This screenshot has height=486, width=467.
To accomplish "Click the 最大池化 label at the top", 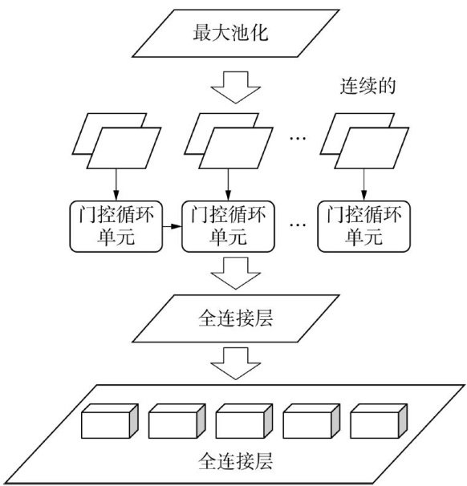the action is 230,33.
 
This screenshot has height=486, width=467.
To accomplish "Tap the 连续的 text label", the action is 368,86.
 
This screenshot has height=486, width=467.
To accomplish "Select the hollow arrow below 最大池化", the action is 235,87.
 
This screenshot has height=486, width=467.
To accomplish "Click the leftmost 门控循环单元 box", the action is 116,226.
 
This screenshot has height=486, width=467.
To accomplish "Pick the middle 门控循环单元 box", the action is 228,226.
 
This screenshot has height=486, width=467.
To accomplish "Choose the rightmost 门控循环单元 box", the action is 363,226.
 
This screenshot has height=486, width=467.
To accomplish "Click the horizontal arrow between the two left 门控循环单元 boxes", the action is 172,226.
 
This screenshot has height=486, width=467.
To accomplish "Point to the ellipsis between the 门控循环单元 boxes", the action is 298,225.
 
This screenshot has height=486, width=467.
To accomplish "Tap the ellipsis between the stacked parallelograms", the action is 298,138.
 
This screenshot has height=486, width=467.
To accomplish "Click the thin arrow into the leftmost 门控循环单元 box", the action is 116,184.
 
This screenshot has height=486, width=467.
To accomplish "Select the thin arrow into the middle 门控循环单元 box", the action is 228,184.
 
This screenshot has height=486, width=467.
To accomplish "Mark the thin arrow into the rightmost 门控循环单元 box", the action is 363,184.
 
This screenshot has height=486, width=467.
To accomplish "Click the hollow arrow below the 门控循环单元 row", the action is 235,273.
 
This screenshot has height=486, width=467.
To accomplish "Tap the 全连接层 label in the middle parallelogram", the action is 235,318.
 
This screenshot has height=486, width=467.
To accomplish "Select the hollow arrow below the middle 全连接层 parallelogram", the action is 235,363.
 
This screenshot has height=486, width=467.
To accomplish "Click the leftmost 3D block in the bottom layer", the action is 109,421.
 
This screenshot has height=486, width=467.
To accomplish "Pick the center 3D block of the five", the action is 244,421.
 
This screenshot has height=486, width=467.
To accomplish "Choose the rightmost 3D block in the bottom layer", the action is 379,421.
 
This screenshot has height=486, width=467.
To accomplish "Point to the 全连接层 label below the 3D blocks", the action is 235,461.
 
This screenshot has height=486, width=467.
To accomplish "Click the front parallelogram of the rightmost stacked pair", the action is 372,148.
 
